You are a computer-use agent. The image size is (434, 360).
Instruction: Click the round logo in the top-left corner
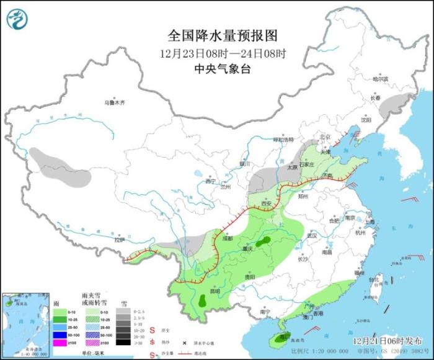[18, 19]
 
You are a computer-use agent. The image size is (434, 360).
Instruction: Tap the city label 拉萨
[120, 240]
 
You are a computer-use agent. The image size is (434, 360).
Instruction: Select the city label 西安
[267, 204]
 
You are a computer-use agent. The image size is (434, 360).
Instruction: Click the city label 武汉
[311, 236]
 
